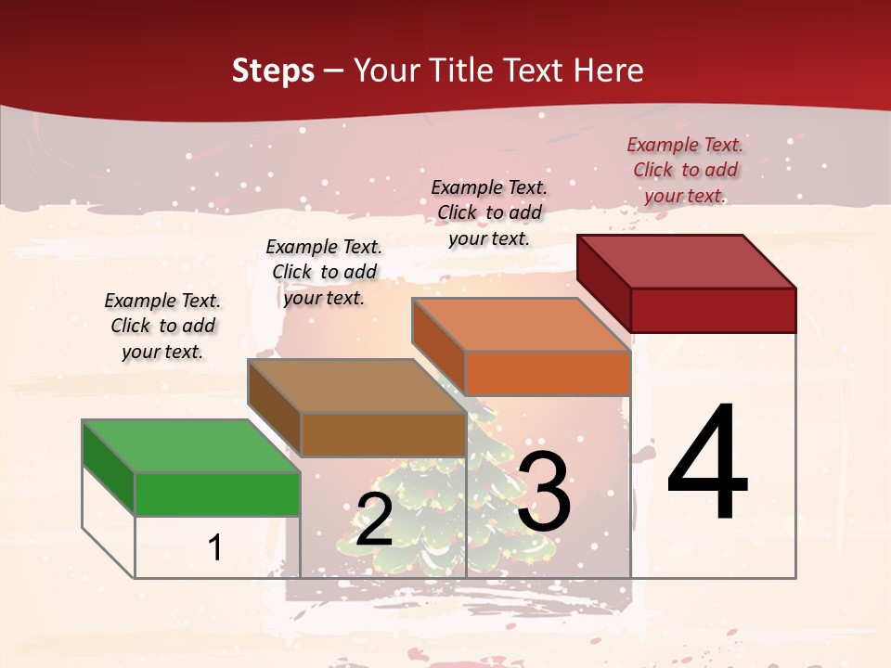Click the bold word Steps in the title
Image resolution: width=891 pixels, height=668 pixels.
273,71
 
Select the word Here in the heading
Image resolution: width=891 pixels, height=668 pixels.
609,71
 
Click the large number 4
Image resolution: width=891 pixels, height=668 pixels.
707,464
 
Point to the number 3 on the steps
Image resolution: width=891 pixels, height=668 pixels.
544,492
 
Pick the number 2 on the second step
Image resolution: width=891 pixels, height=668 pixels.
374,520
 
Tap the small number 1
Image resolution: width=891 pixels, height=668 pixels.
214,547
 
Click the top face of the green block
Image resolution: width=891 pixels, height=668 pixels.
191,445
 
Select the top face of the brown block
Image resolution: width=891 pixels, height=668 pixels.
356,385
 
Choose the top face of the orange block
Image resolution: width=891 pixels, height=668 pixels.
522,325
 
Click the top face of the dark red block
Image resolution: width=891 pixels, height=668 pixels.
687,261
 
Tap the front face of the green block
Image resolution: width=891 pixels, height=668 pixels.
218,494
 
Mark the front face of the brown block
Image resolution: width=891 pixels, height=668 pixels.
383,434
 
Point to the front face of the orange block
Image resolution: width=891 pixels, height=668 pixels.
548,373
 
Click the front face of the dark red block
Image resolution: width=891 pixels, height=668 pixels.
713,309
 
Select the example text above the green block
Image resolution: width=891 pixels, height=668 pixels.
162,326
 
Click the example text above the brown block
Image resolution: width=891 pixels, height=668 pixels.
324,272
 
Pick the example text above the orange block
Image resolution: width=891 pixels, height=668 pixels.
489,212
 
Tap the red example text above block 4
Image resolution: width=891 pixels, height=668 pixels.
685,170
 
